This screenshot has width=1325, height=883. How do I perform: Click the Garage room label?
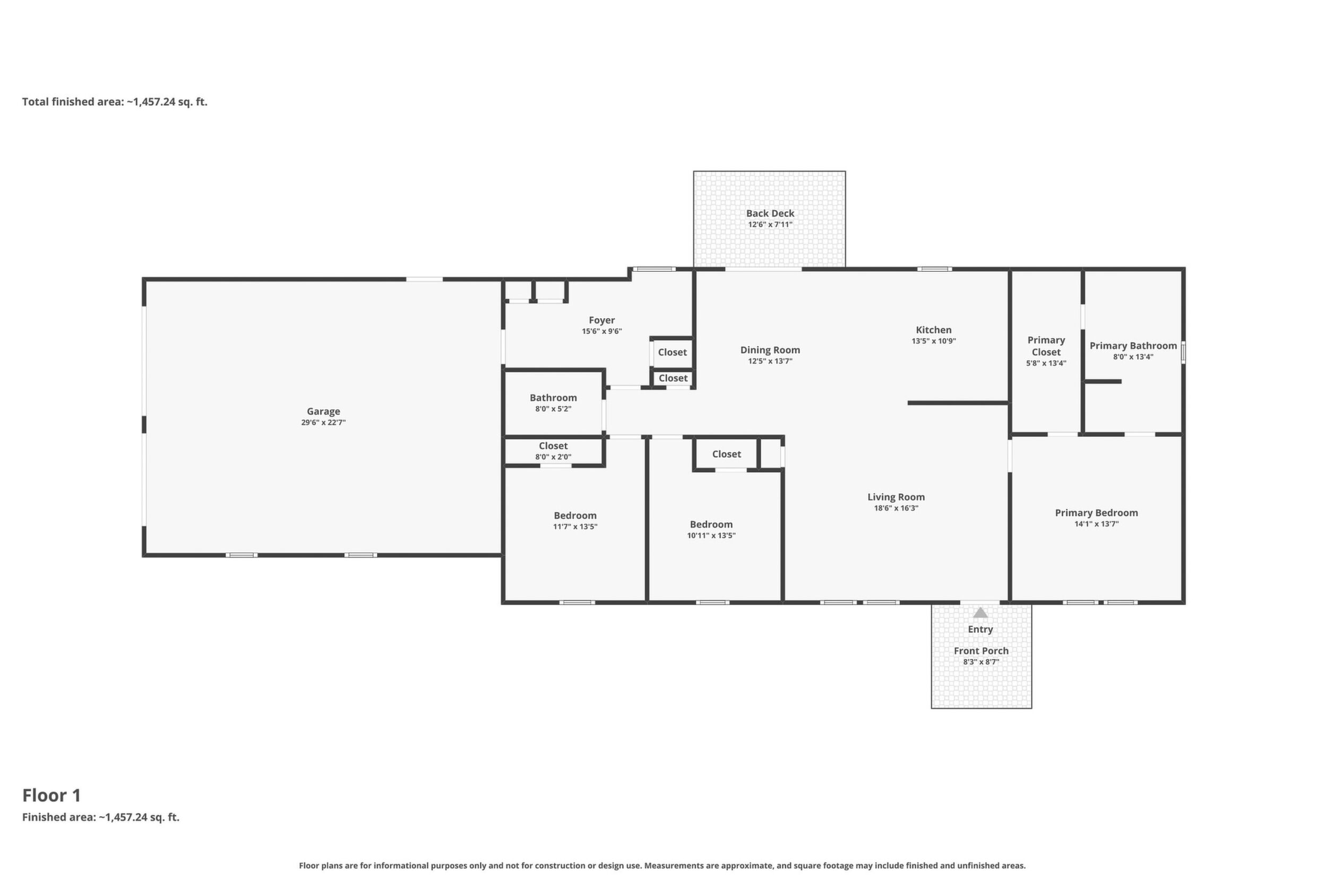click(x=323, y=412)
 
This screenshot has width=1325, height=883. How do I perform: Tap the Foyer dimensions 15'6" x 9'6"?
click(x=601, y=332)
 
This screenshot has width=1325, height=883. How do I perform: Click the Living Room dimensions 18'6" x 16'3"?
click(x=896, y=509)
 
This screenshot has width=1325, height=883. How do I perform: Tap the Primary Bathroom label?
click(x=1133, y=346)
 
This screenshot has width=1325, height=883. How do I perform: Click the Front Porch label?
click(x=981, y=651)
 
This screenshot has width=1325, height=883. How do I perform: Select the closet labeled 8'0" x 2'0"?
click(x=553, y=452)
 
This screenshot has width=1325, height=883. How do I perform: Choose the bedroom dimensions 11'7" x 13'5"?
click(x=575, y=527)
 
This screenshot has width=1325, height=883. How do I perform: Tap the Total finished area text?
click(x=115, y=102)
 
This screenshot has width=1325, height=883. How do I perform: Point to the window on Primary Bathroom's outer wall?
click(x=1183, y=353)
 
